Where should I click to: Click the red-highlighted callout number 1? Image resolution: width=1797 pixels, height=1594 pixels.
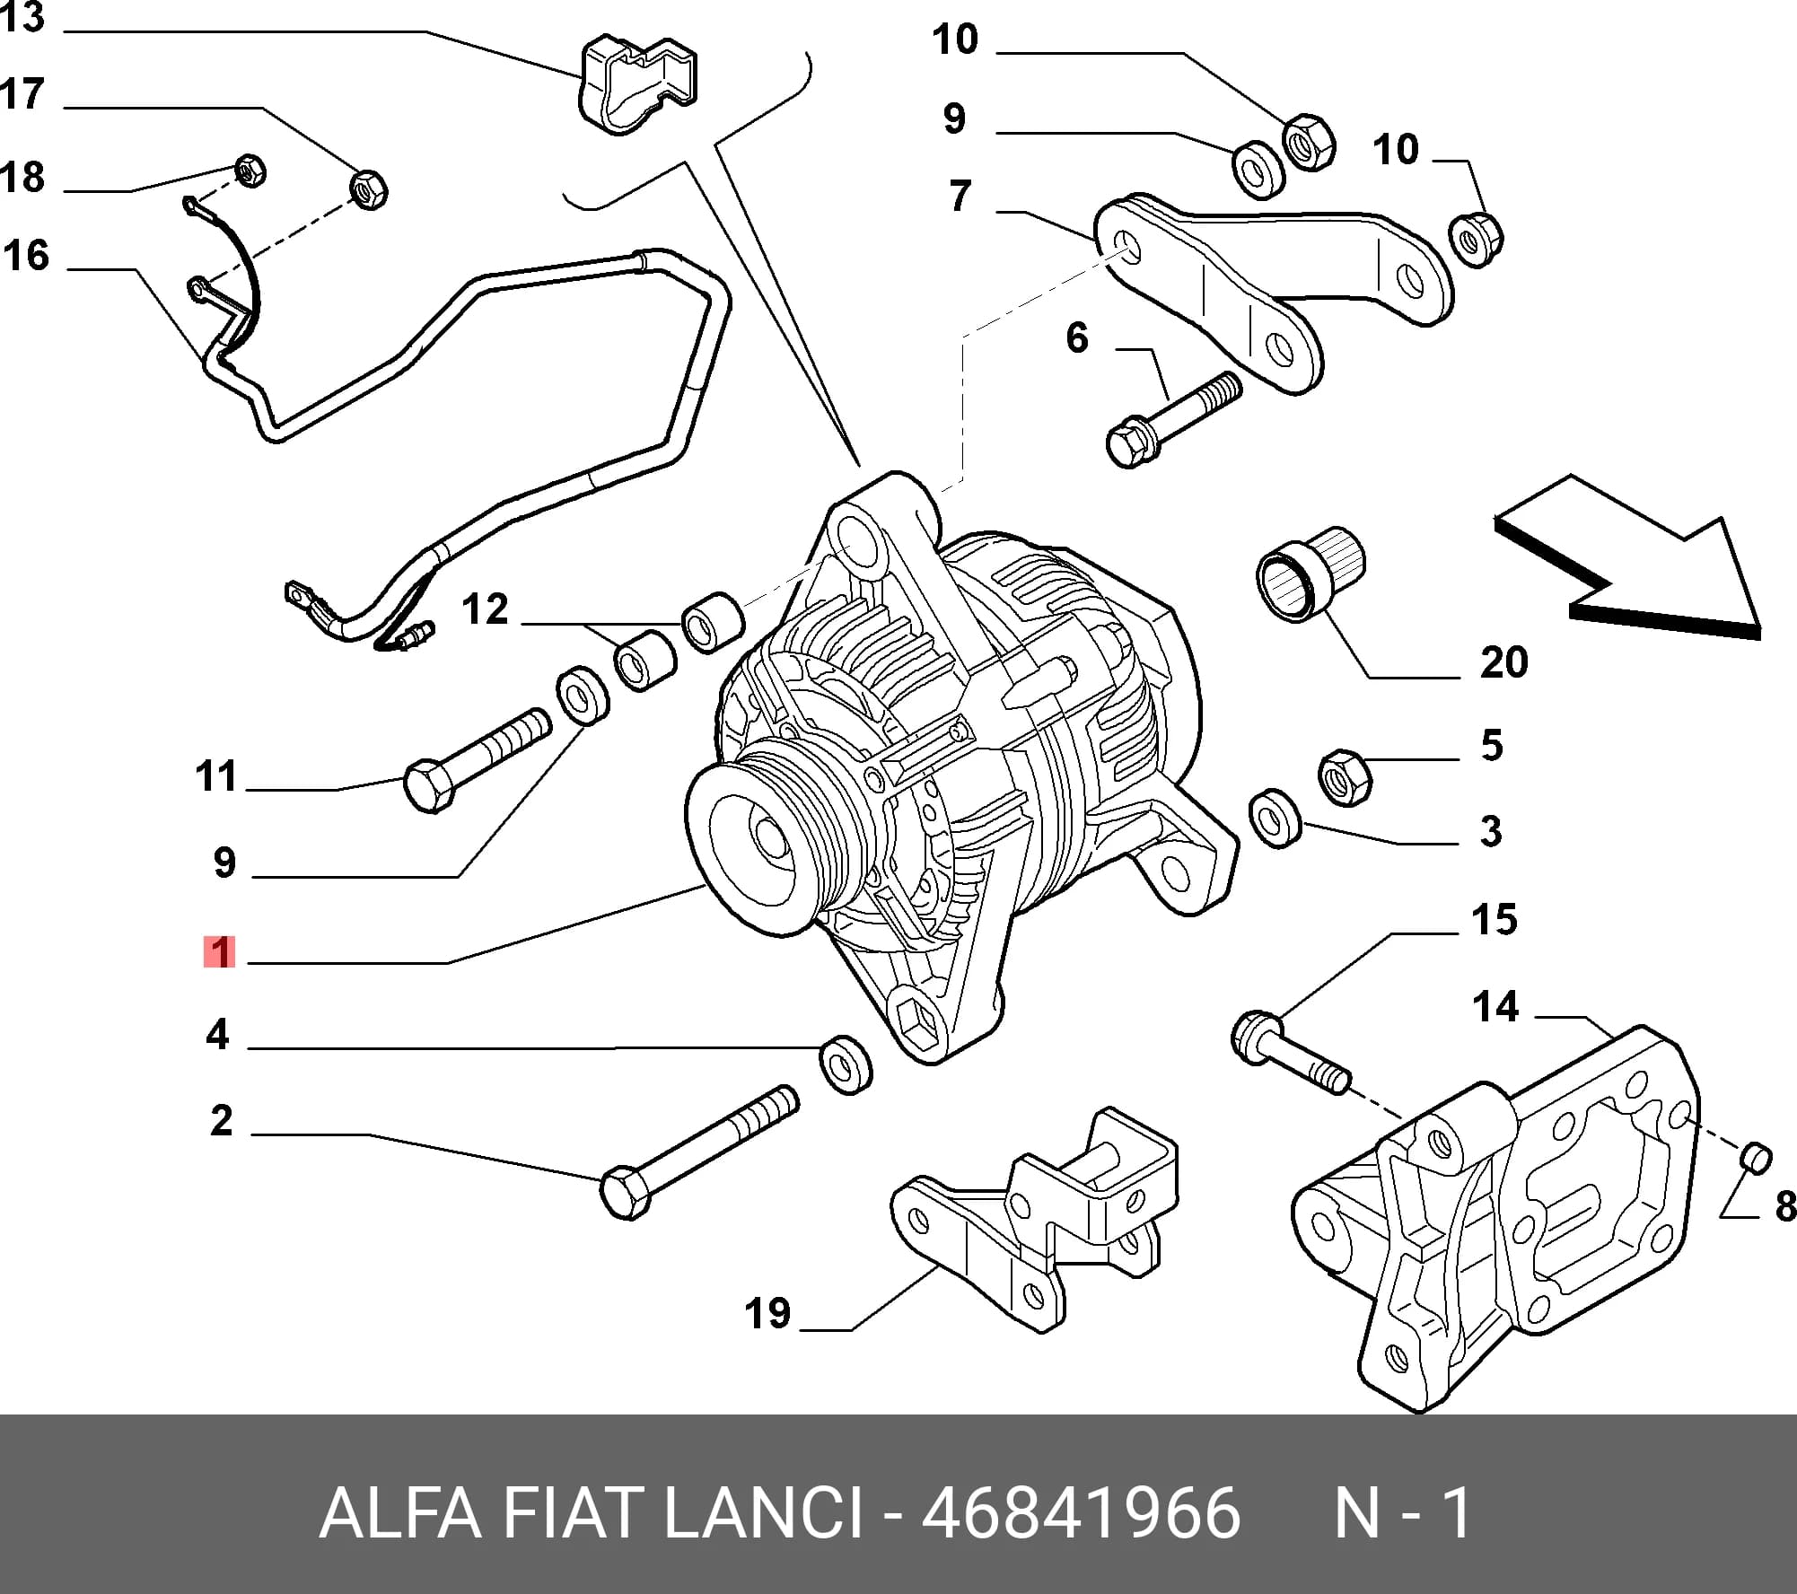220,952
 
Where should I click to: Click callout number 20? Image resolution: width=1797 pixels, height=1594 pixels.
1503,662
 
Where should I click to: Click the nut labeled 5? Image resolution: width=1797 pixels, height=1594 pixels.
1345,775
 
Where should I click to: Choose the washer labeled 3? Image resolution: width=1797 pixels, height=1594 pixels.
1275,818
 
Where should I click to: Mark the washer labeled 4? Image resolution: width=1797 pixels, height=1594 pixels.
847,1064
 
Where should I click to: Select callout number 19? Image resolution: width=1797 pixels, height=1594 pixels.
767,1313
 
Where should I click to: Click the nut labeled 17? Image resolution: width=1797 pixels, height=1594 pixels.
367,189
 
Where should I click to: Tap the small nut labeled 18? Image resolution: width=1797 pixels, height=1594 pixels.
250,170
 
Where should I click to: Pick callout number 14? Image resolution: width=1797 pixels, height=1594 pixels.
1495,1007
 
